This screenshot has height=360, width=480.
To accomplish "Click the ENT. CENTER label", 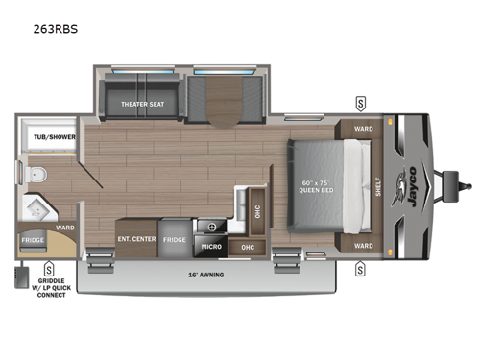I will (136, 237).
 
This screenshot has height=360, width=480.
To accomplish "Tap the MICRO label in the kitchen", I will (211, 247).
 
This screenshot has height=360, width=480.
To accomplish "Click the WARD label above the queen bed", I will (363, 128).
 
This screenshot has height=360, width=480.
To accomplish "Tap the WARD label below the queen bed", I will (363, 244).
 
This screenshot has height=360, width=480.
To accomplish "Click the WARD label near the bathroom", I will (65, 228).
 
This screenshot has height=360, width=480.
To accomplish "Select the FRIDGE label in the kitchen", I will (175, 238).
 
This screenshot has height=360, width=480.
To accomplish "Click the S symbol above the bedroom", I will (360, 102).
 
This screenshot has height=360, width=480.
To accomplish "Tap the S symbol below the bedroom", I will (360, 270).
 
